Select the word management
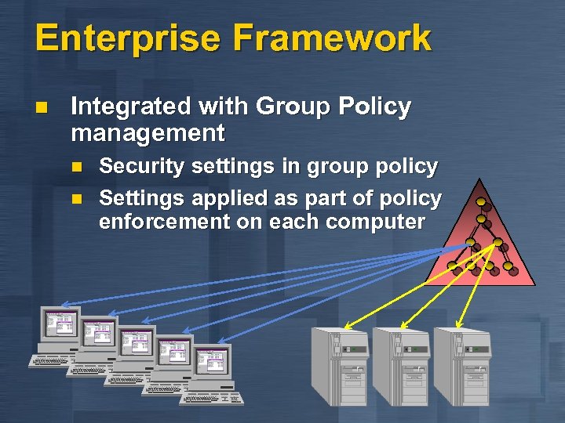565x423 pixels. pyautogui.click(x=148, y=132)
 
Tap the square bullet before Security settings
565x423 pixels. pyautogui.click(x=76, y=166)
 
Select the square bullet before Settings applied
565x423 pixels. pyautogui.click(x=76, y=197)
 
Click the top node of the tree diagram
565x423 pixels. pyautogui.click(x=479, y=201)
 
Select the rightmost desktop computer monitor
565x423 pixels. pyautogui.click(x=213, y=361)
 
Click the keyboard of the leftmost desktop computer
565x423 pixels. pyautogui.click(x=55, y=360)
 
